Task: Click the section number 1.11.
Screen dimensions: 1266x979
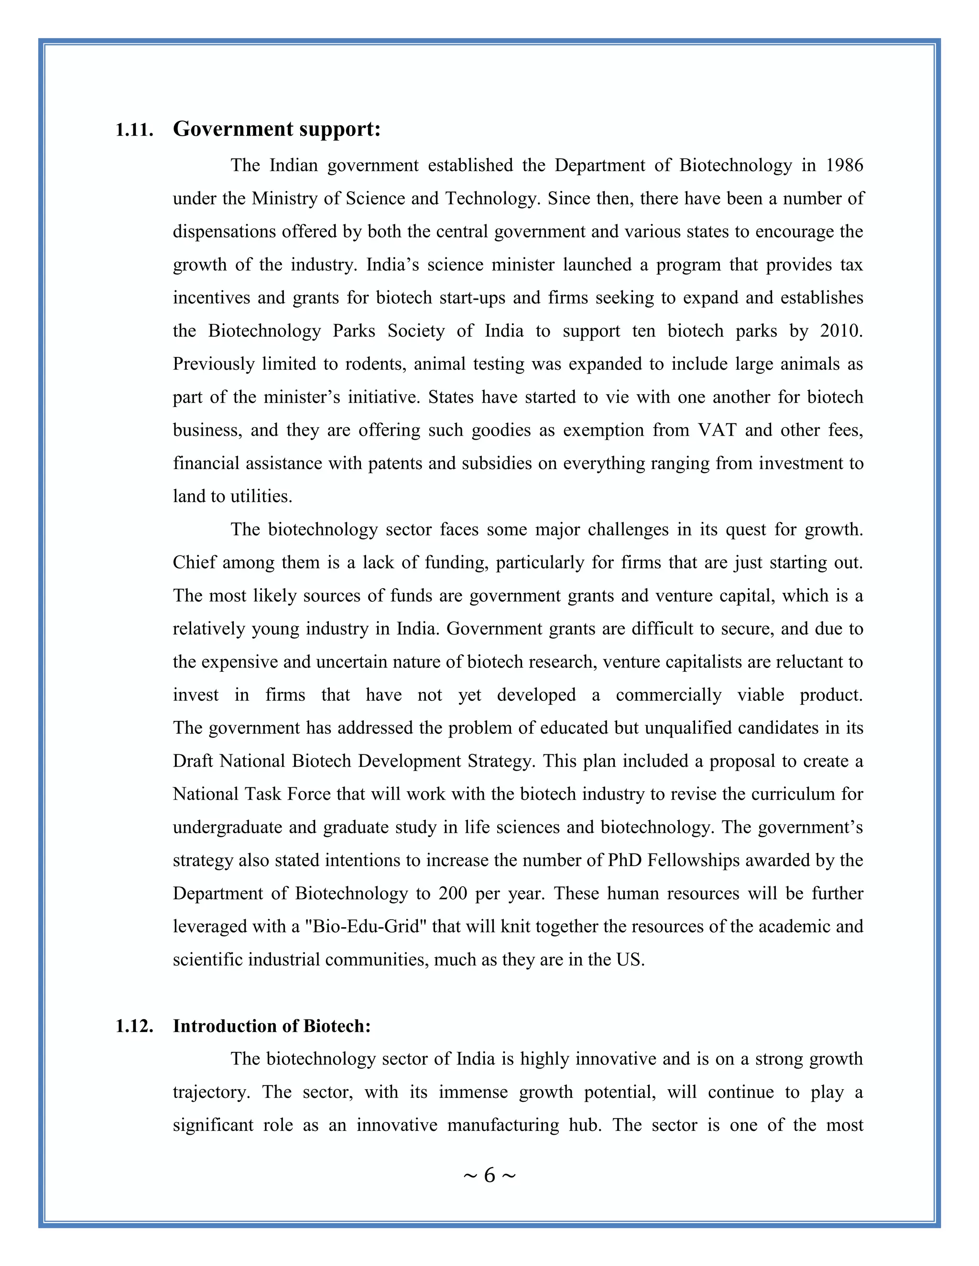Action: (x=134, y=130)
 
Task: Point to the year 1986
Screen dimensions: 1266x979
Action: (x=844, y=165)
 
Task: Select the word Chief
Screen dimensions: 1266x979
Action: (x=194, y=563)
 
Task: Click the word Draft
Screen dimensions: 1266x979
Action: (x=193, y=761)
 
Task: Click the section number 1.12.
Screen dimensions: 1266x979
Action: (x=134, y=1026)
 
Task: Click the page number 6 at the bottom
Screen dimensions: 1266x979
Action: (x=489, y=1176)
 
